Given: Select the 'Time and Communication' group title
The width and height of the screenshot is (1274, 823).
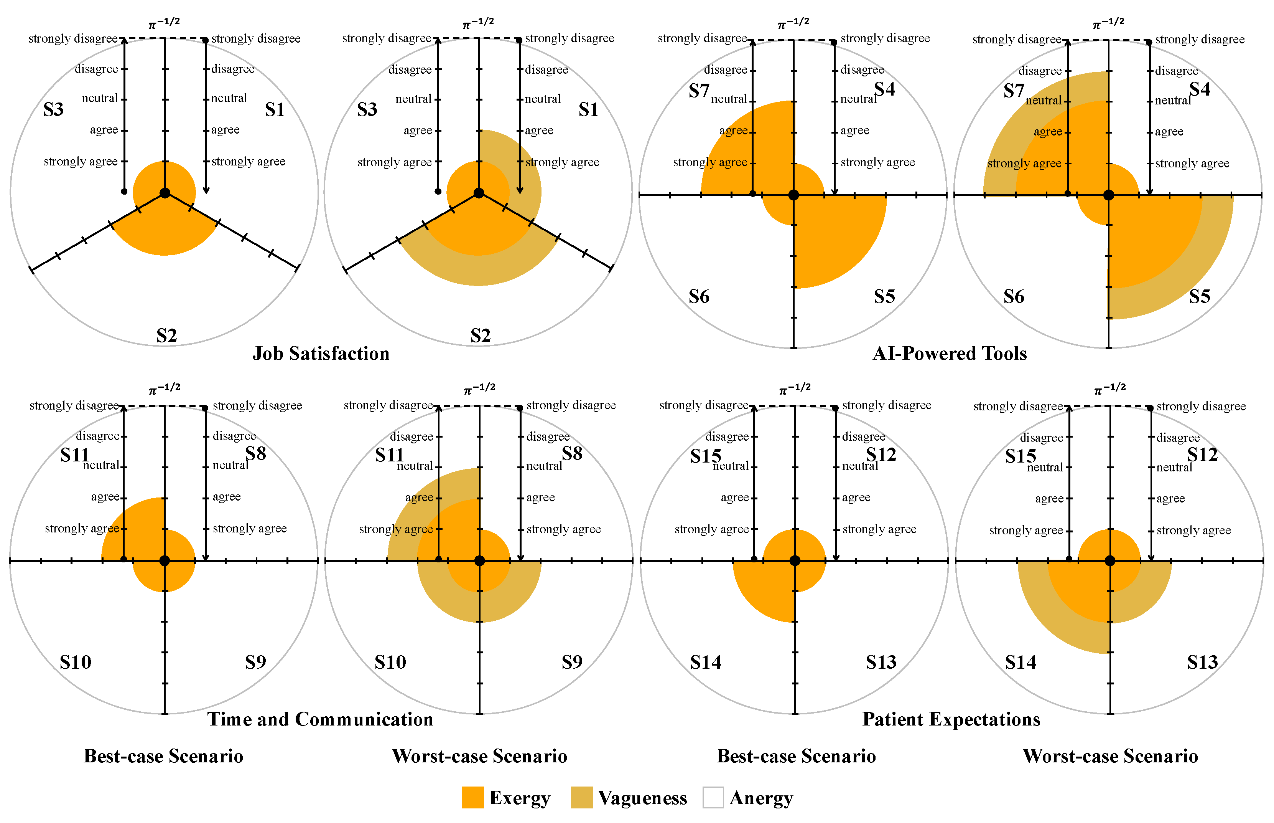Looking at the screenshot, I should tap(320, 719).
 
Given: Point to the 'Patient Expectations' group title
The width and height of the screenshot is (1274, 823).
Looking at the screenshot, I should tap(951, 719).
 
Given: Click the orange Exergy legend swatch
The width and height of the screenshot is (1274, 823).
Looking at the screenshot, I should tap(472, 797).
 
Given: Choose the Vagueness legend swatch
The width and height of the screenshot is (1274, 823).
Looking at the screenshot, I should tap(581, 797).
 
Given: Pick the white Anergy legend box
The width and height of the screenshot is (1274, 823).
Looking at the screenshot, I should tap(713, 797).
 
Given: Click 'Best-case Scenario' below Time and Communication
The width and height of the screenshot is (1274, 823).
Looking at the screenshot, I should tap(163, 756).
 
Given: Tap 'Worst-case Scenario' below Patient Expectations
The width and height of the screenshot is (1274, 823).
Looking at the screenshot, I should tap(1110, 756).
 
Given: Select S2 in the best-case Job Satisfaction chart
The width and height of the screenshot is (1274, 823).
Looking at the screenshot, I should tap(166, 335).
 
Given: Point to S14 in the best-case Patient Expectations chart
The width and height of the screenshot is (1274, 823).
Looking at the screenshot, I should tap(705, 662).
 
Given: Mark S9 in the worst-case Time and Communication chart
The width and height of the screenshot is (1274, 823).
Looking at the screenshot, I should tap(572, 662).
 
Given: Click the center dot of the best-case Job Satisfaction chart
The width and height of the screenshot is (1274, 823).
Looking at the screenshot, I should tap(165, 193).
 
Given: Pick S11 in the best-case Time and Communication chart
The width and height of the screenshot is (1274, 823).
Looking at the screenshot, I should tap(74, 455).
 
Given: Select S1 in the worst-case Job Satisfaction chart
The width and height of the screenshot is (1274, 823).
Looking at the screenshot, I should tap(588, 109).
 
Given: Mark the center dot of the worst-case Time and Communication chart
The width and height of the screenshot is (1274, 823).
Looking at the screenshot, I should tap(479, 560).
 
